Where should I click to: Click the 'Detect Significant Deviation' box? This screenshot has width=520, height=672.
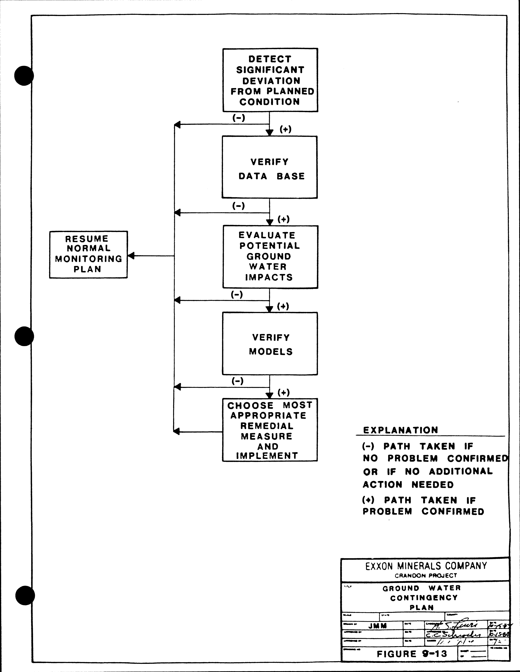[x=270, y=80]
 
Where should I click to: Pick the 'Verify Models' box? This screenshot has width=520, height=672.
[x=270, y=344]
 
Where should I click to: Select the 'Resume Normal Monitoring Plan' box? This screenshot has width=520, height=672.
[x=88, y=254]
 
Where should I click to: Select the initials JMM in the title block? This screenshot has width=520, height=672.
[x=377, y=626]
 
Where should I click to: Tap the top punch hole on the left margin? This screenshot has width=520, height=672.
[x=24, y=76]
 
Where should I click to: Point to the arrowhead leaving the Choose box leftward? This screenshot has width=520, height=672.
[x=176, y=432]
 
